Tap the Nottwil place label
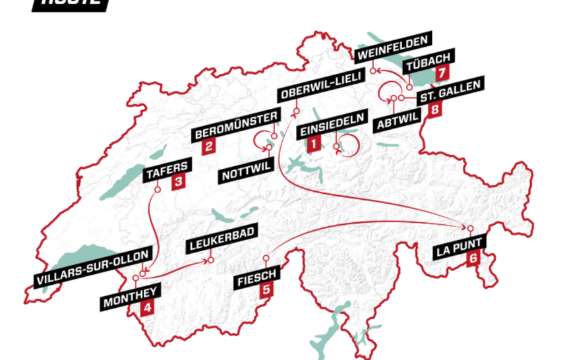coord(246,175)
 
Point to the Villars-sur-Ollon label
coord(98,269)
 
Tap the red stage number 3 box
coord(178,184)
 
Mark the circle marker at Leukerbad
coord(211,261)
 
